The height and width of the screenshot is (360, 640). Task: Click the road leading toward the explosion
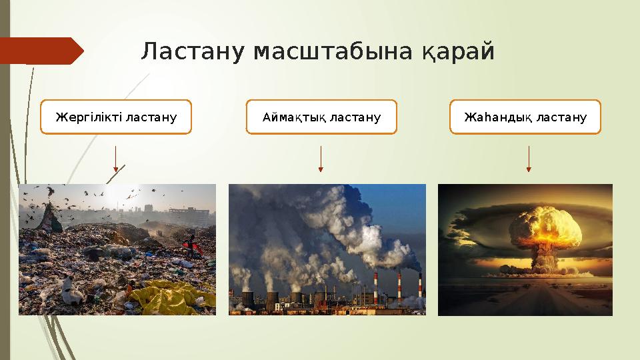(x=527, y=300)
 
